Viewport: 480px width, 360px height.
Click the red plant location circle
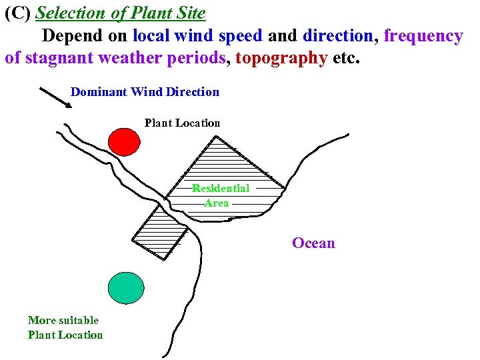pyautogui.click(x=124, y=141)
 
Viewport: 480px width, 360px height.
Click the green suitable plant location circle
pyautogui.click(x=126, y=287)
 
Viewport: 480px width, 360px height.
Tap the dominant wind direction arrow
pyautogui.click(x=56, y=97)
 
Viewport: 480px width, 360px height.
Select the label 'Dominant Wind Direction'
pyautogui.click(x=145, y=92)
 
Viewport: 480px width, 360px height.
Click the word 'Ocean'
pyautogui.click(x=313, y=243)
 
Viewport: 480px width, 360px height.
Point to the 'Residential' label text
pyautogui.click(x=221, y=189)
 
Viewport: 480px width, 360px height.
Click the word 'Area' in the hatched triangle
pyautogui.click(x=216, y=203)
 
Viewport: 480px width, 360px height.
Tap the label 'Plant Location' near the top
pyautogui.click(x=182, y=123)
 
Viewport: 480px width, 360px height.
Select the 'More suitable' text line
pyautogui.click(x=63, y=320)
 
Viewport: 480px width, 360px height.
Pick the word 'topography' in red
pyautogui.click(x=281, y=57)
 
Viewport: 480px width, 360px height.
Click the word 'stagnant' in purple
pyautogui.click(x=59, y=57)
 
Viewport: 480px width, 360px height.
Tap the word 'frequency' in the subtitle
pyautogui.click(x=423, y=35)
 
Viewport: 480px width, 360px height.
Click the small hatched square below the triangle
pyautogui.click(x=160, y=231)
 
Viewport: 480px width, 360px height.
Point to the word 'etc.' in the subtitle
pyautogui.click(x=346, y=57)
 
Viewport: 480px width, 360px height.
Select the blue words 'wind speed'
pyautogui.click(x=217, y=35)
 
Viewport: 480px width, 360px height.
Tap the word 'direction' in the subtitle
pyautogui.click(x=338, y=35)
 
